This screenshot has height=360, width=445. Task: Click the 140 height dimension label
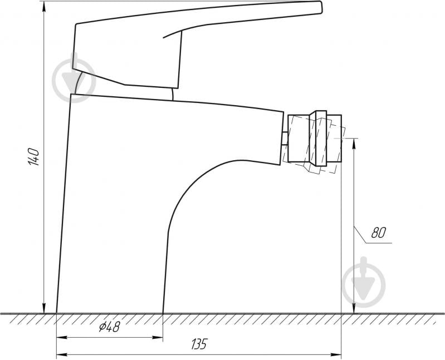click(x=33, y=156)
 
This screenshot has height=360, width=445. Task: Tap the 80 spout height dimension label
click(x=378, y=233)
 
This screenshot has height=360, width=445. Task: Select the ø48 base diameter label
click(x=110, y=327)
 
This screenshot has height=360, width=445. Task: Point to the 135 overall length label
click(x=199, y=344)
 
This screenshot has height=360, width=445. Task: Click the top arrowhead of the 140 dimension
click(x=44, y=7)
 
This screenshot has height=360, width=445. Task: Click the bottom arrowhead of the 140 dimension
click(x=44, y=308)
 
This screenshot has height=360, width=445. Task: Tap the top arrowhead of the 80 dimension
click(x=354, y=144)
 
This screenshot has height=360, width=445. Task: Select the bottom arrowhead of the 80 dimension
click(x=354, y=308)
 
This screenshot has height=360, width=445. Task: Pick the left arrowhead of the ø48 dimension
click(x=62, y=337)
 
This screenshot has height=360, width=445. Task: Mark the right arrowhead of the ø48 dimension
click(x=158, y=337)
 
